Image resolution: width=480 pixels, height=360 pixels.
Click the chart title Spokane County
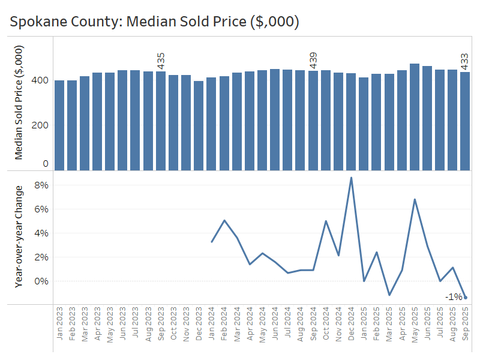[154, 22]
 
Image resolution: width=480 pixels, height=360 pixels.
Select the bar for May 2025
[415, 117]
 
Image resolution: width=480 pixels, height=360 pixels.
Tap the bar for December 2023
[199, 125]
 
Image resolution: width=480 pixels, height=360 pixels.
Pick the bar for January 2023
[59, 125]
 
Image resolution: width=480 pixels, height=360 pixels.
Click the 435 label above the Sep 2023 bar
[161, 61]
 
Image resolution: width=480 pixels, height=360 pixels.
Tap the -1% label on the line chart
[453, 297]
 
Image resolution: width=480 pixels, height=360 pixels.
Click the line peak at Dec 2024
[351, 178]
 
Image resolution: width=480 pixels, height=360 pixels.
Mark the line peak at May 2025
[415, 199]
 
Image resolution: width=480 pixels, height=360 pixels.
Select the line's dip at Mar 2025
[389, 295]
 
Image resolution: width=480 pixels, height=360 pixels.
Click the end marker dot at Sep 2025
[466, 298]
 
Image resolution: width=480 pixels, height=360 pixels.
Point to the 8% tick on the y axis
[41, 185]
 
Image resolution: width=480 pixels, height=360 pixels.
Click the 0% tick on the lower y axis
[41, 281]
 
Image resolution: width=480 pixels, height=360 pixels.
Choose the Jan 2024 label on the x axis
[212, 325]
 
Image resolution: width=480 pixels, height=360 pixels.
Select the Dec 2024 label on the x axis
[351, 325]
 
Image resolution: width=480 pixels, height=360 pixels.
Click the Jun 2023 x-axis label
[123, 325]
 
